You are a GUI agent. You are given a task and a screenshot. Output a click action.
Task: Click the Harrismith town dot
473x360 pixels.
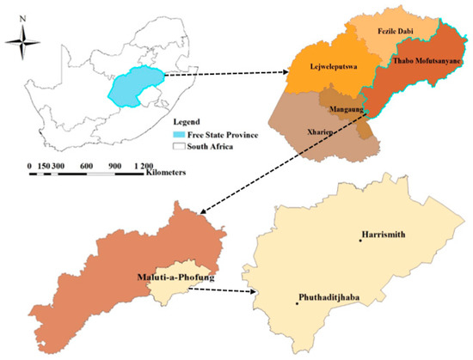[361, 240]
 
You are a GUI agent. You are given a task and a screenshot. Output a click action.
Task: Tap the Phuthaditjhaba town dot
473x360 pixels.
[296, 303]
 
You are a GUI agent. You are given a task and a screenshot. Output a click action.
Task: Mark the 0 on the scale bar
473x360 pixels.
[31, 164]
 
